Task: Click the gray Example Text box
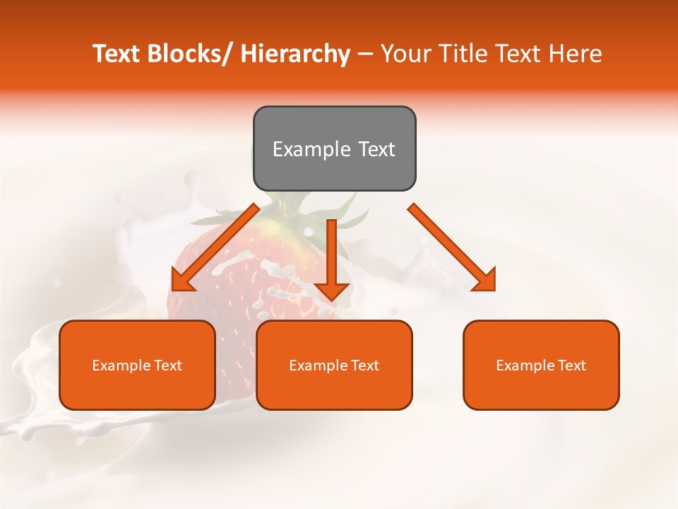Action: tap(334, 148)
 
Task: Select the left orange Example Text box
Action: tap(137, 365)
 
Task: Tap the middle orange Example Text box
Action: tap(334, 365)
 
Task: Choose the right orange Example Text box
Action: tap(541, 365)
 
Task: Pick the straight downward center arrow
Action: tap(332, 258)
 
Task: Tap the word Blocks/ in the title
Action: tap(191, 54)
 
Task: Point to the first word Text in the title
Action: tap(117, 54)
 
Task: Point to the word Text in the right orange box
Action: tap(570, 365)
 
